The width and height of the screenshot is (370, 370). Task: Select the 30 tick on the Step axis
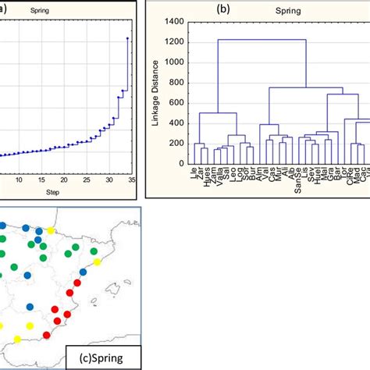point(109,179)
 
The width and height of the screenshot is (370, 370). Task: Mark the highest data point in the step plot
point(127,37)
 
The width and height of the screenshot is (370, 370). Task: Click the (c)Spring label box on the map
point(104,356)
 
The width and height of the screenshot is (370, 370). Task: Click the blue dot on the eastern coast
point(83,271)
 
